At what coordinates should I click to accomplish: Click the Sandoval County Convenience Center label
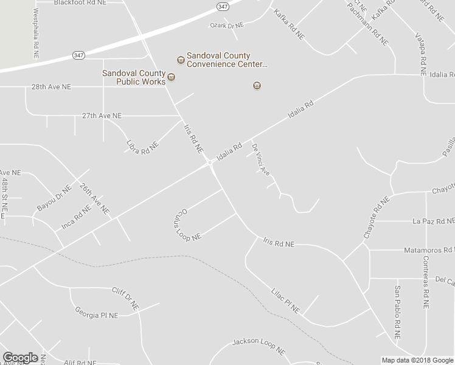pyautogui.click(x=227, y=60)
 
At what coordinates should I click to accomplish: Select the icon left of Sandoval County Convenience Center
pyautogui.click(x=180, y=60)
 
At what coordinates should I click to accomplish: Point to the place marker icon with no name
pyautogui.click(x=257, y=86)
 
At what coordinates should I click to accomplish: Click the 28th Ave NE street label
pyautogui.click(x=51, y=87)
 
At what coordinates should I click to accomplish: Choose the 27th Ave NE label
pyautogui.click(x=102, y=115)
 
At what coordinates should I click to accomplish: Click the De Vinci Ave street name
pyautogui.click(x=261, y=159)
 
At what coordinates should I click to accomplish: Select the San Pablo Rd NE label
pyautogui.click(x=397, y=312)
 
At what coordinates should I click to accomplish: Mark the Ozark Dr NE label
pyautogui.click(x=226, y=26)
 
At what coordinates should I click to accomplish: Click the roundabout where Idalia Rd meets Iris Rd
pyautogui.click(x=209, y=162)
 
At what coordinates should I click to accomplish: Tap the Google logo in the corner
pyautogui.click(x=20, y=357)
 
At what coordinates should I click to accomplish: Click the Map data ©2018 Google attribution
pyautogui.click(x=417, y=360)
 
